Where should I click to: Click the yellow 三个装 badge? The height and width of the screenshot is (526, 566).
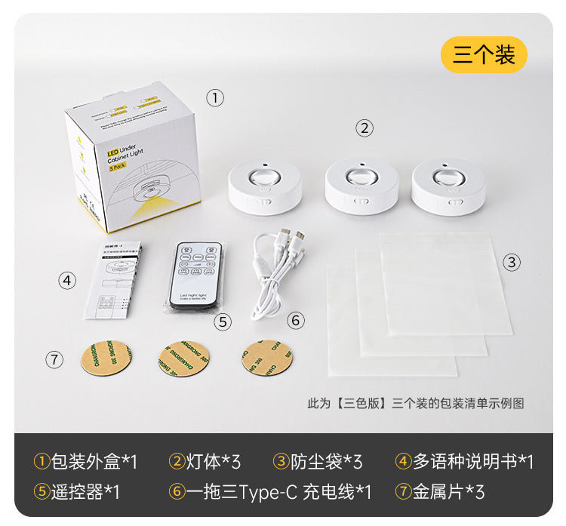(484, 55)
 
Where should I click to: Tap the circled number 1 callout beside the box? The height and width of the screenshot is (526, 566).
(216, 97)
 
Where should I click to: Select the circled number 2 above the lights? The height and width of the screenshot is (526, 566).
(365, 128)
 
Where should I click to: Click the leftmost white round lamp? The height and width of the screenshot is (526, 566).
(266, 184)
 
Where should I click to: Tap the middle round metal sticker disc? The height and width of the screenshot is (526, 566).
(183, 358)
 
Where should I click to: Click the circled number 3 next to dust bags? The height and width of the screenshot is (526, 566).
(512, 262)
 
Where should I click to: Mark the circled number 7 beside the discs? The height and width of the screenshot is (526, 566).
(54, 360)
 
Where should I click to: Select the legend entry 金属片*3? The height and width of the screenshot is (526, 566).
(440, 492)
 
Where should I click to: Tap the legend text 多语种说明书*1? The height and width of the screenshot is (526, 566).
(465, 461)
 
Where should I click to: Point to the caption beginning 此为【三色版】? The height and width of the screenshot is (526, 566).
(415, 403)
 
